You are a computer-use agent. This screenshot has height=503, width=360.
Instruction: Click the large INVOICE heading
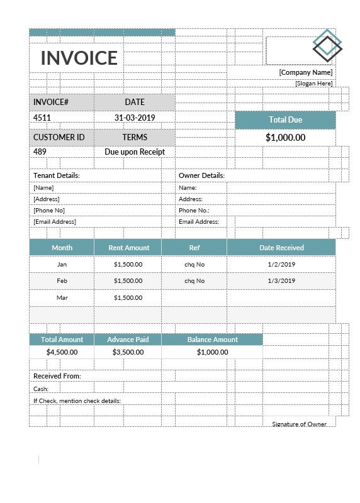(79, 58)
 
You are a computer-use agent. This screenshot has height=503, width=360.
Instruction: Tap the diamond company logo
(327, 45)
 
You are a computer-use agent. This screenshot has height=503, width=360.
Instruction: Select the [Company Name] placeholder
(306, 72)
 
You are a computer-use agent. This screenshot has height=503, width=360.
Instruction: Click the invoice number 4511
(42, 118)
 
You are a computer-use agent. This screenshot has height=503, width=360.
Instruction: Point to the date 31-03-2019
(134, 118)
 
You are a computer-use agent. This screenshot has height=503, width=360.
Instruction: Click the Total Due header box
(285, 119)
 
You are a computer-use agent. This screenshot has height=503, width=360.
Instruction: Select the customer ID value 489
(40, 152)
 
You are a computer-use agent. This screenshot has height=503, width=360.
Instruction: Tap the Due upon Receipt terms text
(134, 152)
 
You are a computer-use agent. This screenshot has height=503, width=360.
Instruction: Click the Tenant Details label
(57, 175)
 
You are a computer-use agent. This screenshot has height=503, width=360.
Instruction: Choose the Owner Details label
(201, 175)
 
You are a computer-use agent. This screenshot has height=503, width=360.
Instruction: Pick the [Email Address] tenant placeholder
(55, 221)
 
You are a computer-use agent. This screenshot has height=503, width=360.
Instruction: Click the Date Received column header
(281, 248)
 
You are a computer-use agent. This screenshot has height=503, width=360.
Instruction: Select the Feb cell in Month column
(62, 280)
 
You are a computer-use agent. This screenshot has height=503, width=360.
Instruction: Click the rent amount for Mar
(128, 297)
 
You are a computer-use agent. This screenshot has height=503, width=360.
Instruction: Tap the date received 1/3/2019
(281, 280)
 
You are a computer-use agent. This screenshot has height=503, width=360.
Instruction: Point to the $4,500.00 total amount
(62, 352)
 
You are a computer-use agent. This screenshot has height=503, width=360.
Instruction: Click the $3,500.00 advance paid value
(128, 352)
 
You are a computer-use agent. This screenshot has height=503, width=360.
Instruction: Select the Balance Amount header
(212, 340)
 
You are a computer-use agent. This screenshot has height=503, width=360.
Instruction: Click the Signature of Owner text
(299, 424)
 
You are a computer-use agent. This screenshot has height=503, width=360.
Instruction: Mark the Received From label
(57, 376)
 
